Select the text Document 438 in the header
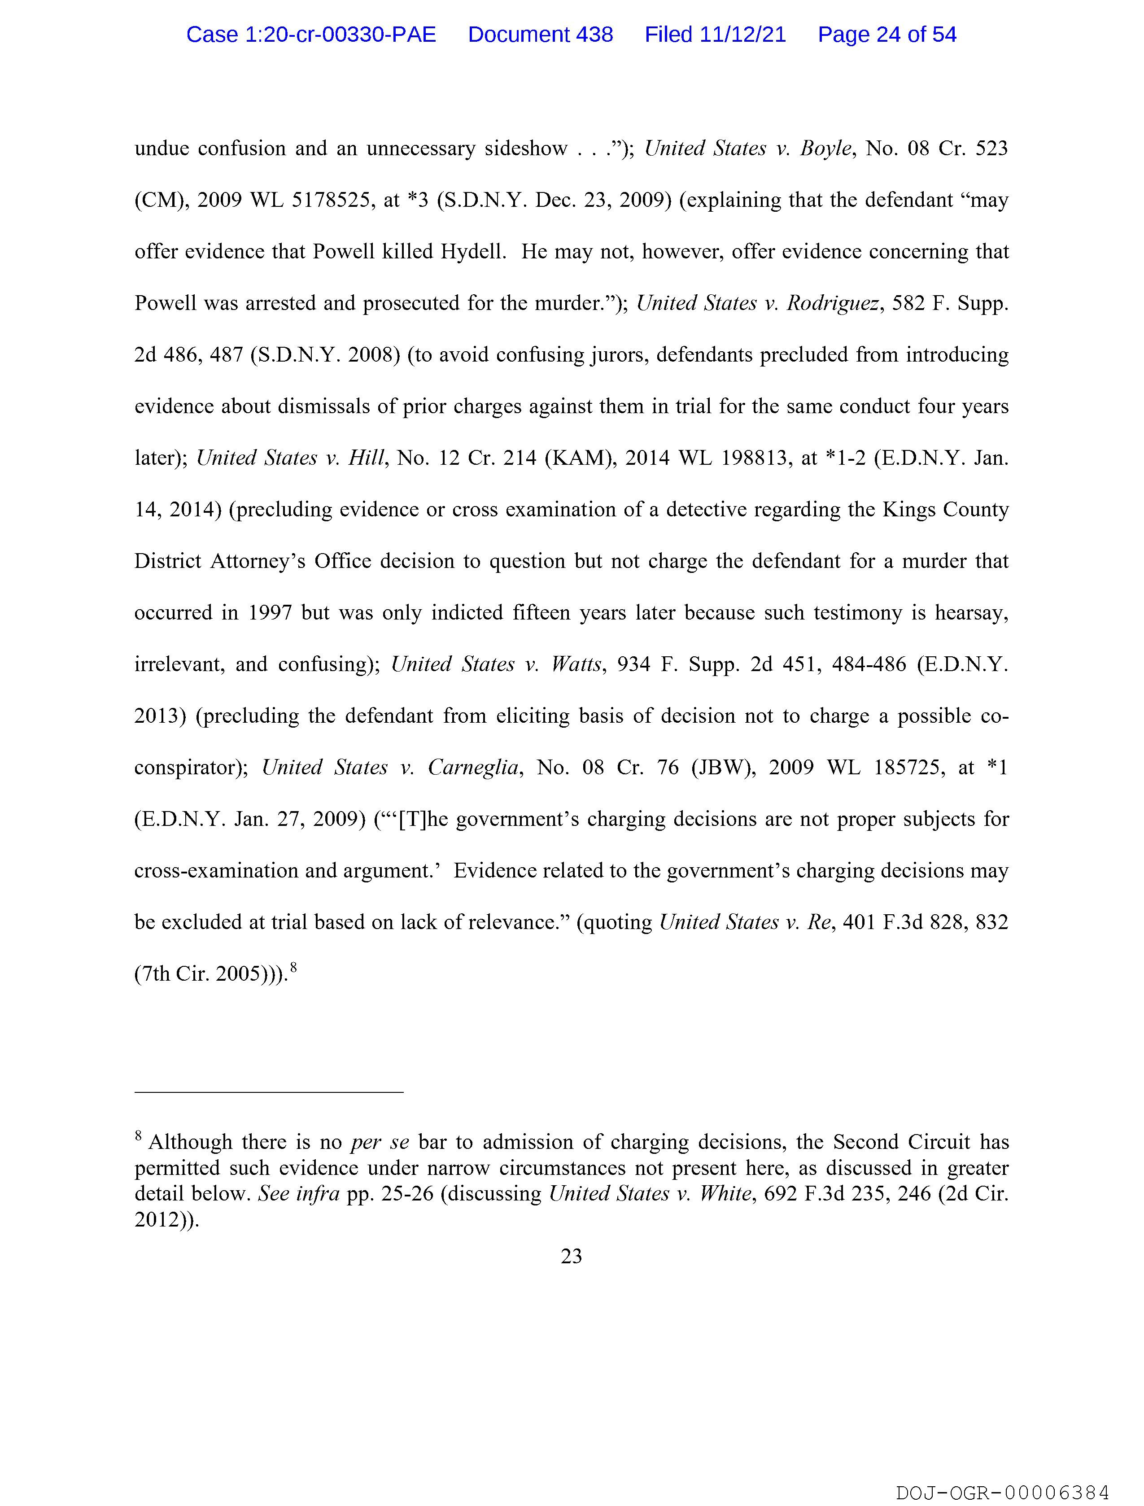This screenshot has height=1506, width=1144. coord(540,35)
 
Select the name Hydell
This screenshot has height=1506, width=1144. coord(472,252)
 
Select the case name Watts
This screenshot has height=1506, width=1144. coord(577,664)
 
